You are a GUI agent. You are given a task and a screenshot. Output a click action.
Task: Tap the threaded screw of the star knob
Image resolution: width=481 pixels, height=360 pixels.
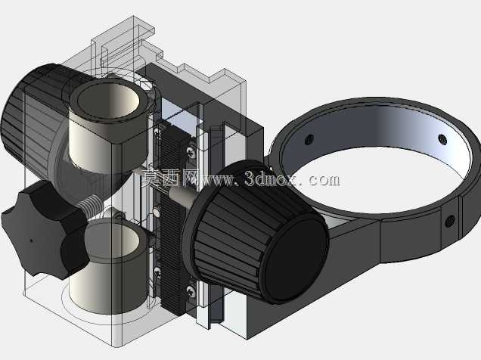(90, 205)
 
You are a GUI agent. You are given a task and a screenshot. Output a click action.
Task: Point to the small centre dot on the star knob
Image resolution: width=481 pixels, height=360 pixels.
(31, 241)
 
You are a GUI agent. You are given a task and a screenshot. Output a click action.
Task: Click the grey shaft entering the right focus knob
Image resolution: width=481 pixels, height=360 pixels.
(181, 193)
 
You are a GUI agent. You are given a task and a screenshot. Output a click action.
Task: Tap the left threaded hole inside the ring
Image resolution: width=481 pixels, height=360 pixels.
(309, 139)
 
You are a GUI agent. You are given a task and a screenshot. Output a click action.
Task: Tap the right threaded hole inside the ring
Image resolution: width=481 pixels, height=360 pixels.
(442, 139)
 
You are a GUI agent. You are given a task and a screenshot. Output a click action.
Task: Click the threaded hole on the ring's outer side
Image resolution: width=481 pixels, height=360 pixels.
(450, 221)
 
